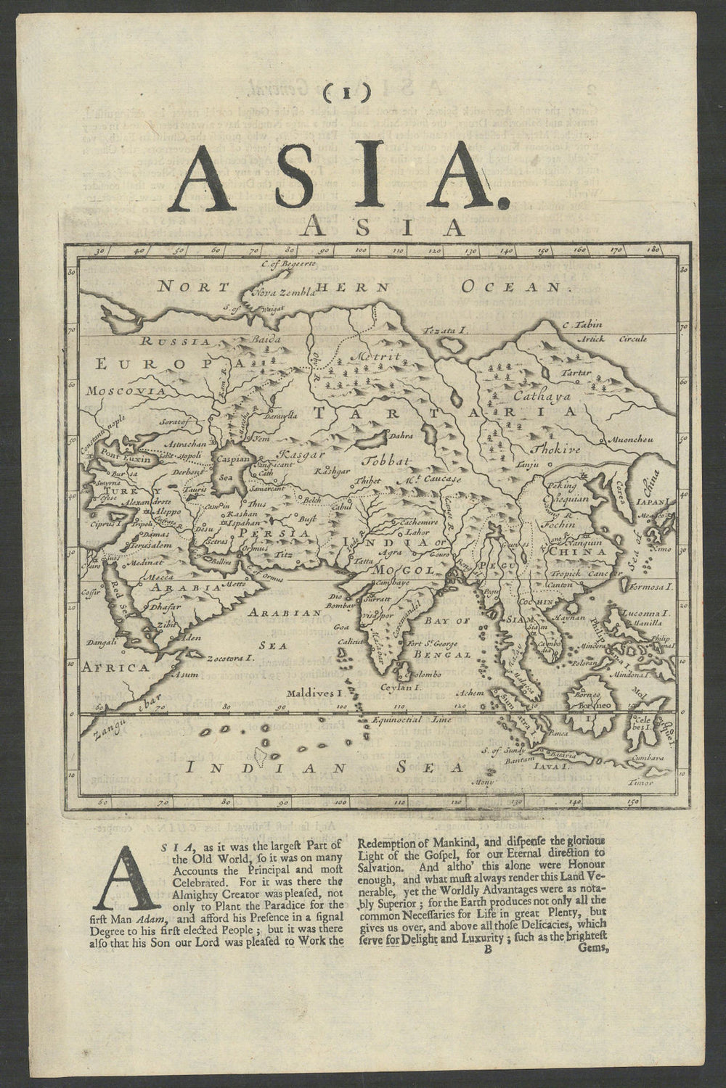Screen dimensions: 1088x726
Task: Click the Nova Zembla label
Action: (x=283, y=292)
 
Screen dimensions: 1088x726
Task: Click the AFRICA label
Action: (x=116, y=665)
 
